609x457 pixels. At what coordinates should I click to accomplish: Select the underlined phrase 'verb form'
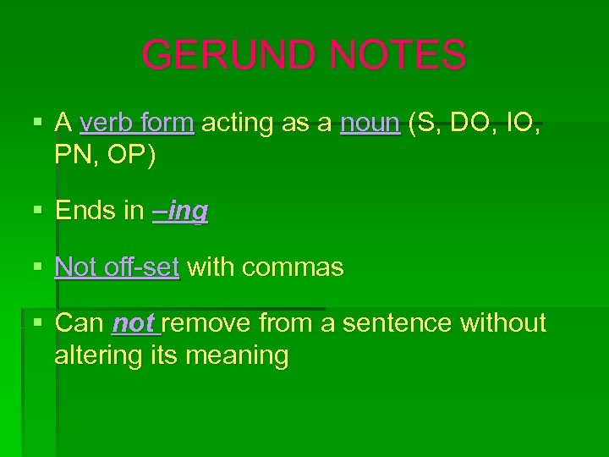coord(137,124)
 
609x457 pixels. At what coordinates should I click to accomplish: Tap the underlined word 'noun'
coord(370,124)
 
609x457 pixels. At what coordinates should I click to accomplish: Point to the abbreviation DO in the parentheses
coord(470,124)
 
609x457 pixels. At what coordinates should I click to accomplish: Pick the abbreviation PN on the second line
coord(74,156)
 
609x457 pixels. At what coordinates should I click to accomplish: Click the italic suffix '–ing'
coord(180,212)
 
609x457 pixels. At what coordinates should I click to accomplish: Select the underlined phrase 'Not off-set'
coord(117,267)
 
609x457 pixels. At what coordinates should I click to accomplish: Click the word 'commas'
coord(293,267)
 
